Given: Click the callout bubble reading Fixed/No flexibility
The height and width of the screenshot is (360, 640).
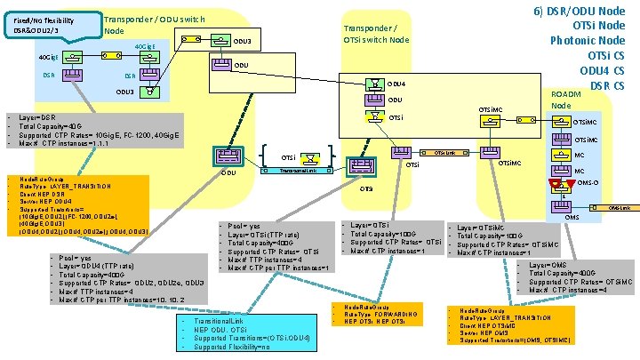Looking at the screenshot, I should (44, 24).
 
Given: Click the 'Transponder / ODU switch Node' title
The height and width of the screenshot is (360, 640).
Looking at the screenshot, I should (154, 25).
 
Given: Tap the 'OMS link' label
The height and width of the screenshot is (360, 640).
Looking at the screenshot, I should (619, 207).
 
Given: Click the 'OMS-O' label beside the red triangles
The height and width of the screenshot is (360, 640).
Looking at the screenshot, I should (588, 183).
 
